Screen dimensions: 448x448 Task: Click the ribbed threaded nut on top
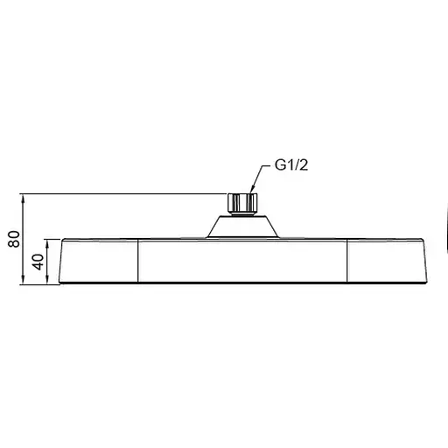[x=242, y=203]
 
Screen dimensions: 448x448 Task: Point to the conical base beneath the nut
[x=242, y=226]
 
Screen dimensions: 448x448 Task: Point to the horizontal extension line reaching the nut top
[x=122, y=192]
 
